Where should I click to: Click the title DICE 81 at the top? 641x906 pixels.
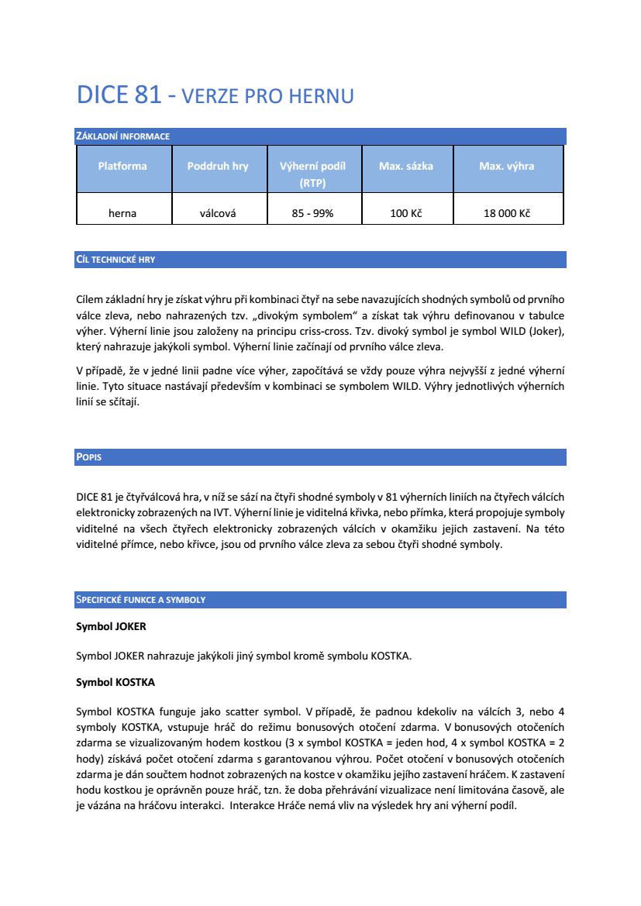point(119,95)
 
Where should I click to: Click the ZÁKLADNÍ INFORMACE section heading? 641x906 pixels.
point(122,136)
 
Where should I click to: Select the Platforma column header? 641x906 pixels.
point(122,166)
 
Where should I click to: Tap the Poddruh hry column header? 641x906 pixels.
point(218,166)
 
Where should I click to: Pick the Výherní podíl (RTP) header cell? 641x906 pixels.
point(312,174)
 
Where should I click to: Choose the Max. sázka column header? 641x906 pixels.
point(406,166)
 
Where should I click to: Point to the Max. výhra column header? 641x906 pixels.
point(506,166)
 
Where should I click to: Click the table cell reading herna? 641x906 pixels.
point(122,213)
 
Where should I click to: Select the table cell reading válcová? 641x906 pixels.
point(218,213)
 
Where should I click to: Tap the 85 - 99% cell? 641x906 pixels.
point(312,213)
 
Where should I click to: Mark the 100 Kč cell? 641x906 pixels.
point(406,213)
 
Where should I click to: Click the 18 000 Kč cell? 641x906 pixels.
point(506,213)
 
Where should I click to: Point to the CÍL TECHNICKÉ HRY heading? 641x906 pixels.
point(115,260)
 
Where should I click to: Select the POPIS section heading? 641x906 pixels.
point(89,457)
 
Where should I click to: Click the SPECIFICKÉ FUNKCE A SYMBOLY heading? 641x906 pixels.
point(140,600)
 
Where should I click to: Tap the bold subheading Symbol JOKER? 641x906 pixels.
point(111,625)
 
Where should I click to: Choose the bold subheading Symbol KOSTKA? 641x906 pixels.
point(115,683)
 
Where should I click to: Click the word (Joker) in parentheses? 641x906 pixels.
point(547,331)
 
